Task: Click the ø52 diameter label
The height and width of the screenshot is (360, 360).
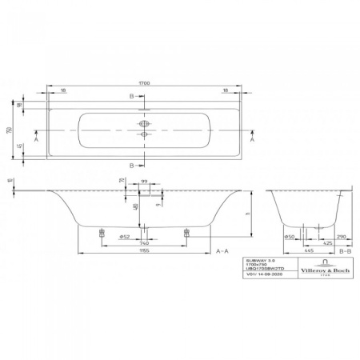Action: coord(124,236)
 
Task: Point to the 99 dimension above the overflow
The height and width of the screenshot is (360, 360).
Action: coord(145,183)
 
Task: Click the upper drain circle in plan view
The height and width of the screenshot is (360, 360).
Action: coord(144,124)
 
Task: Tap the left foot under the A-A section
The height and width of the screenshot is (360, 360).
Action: coord(101,233)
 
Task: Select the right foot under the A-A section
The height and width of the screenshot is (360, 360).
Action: coord(187,233)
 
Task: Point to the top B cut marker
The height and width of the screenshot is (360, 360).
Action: coord(132,97)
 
